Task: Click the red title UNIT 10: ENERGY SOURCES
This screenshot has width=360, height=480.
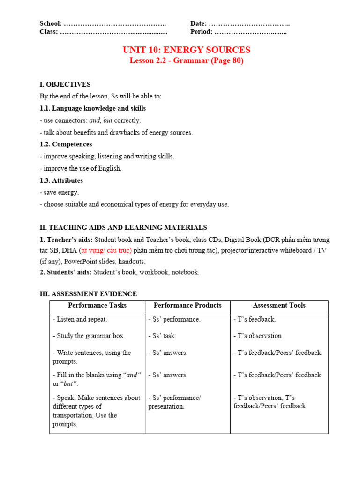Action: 186,50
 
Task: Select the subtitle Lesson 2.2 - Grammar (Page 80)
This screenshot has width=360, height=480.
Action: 186,60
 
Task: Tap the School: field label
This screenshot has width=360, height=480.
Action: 51,23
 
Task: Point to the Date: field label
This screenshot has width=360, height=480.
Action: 199,23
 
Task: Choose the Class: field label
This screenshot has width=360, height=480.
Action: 49,32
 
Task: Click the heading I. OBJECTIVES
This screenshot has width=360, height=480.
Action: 65,84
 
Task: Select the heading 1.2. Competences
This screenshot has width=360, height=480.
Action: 66,144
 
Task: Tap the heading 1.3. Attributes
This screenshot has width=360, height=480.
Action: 61,180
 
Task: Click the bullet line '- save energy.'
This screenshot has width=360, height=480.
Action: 60,192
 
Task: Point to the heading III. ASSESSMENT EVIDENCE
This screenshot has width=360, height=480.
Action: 88,294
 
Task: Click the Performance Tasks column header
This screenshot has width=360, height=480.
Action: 97,305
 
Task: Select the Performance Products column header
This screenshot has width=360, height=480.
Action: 187,305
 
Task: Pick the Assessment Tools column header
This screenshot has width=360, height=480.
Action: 279,305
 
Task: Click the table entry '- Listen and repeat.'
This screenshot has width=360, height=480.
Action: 80,319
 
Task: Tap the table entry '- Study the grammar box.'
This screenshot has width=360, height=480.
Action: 89,336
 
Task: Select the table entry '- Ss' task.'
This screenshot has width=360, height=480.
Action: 162,336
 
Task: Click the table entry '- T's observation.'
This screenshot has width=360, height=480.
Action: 258,336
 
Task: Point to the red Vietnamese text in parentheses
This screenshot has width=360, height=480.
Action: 105,250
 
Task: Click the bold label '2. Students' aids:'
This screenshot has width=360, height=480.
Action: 66,272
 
